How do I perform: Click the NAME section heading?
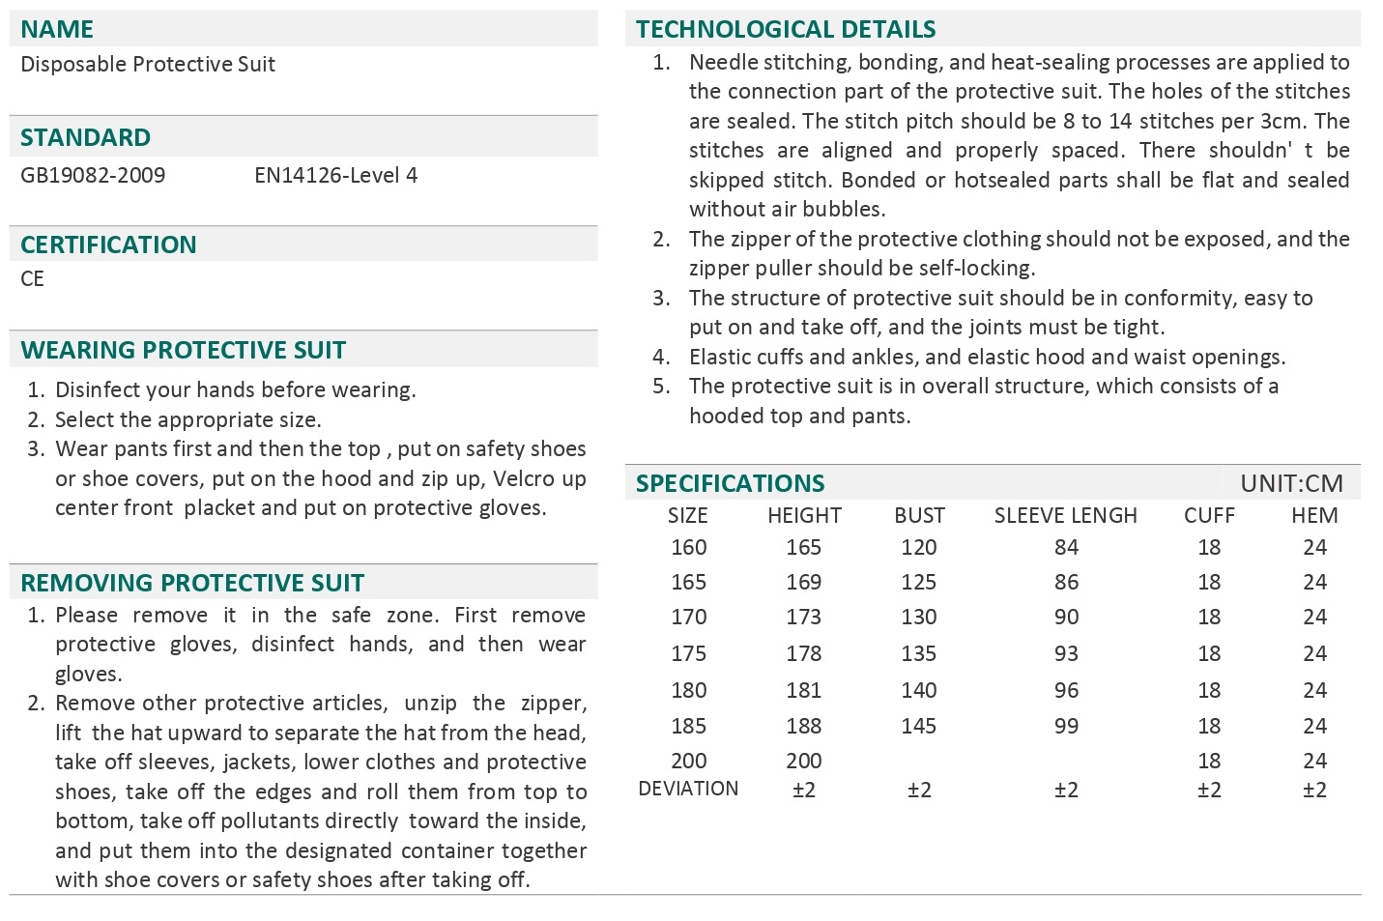pos(57,29)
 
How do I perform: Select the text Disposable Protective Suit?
pos(148,65)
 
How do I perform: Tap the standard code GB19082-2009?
pos(93,175)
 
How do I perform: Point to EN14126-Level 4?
pos(335,175)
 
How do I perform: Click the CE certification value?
pos(33,279)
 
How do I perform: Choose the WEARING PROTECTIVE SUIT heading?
pos(183,350)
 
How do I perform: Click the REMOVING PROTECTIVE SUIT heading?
pos(192,583)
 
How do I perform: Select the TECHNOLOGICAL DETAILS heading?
pos(786,29)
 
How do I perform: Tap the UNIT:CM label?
pos(1291,483)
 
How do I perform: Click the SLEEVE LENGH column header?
pos(1065,516)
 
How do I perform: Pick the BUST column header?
pos(919,516)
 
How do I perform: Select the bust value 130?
pos(918,617)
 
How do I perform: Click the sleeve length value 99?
pos(1066,726)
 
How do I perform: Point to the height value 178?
pos(803,653)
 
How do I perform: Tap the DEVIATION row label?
pos(688,789)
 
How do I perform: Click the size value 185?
pos(688,726)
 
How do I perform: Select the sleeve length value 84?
pos(1066,547)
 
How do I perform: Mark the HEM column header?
pos(1314,516)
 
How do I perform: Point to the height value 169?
pos(803,582)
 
